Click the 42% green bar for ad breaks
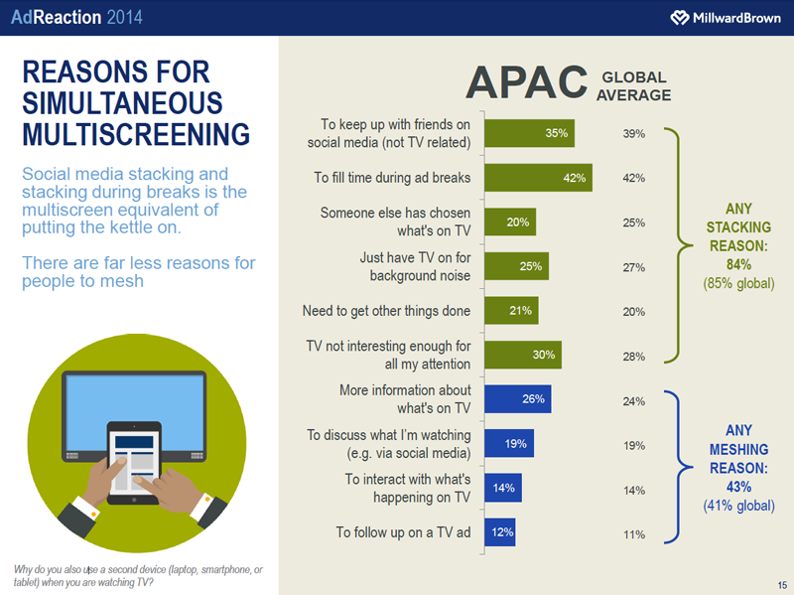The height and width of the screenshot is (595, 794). point(537,179)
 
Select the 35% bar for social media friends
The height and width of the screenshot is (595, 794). point(528,133)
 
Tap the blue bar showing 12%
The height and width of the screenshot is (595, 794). point(499,531)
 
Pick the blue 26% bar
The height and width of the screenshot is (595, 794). point(517,398)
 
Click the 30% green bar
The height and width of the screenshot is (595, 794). point(522,356)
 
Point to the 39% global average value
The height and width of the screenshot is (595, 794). point(634,133)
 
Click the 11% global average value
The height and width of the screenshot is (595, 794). point(634,534)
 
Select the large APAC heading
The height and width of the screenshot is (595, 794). point(526,83)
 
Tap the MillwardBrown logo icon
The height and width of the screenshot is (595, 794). point(680,18)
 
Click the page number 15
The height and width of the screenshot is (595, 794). point(782,583)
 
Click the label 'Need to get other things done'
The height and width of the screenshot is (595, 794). point(386,311)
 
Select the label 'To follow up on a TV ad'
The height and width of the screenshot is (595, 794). point(403,532)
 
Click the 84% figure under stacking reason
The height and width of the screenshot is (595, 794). point(737,264)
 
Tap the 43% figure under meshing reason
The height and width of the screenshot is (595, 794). point(737,487)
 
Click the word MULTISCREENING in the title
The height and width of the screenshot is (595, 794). point(135,134)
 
